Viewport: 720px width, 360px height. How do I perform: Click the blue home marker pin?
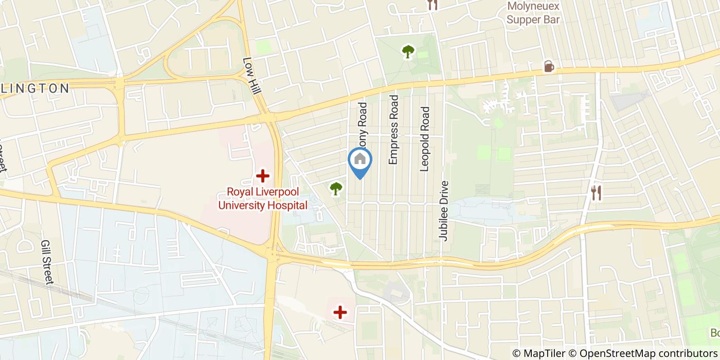coord(360,160)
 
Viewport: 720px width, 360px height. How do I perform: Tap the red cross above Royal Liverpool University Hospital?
coord(263,176)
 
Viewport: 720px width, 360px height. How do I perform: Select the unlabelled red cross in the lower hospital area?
coord(340,312)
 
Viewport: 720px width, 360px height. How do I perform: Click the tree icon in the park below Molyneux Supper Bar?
coord(408,51)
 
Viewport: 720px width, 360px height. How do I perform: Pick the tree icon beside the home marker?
coord(336,189)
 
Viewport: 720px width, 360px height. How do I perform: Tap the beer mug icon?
coord(549,66)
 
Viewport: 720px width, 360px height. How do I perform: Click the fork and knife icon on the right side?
coord(597,193)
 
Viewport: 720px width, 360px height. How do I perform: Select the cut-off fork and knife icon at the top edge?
coord(433,5)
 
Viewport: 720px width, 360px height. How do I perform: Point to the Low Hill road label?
coord(252,75)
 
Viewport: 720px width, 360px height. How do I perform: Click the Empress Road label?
coord(394,130)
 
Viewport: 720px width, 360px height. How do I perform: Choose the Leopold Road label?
coord(424,139)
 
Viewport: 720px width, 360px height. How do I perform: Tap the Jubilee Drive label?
coord(444,211)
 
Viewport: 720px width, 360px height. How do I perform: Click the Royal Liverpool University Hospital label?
coord(263,199)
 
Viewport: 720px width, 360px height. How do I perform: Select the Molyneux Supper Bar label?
coord(533,13)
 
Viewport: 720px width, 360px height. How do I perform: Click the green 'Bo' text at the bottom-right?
coord(714,333)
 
